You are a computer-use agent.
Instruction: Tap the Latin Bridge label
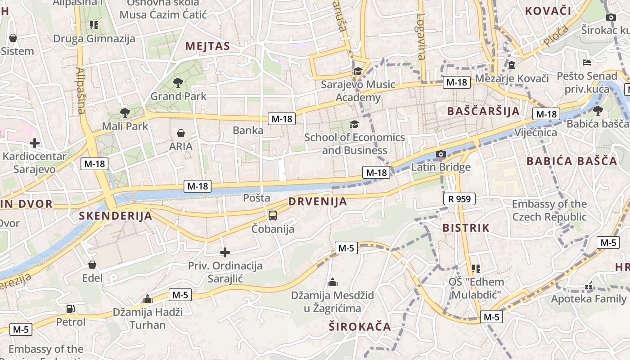coord(441,167)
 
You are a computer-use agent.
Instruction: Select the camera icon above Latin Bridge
coord(441,154)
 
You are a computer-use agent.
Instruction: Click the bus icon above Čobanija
coord(273,215)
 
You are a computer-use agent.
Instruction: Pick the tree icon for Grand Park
coord(178,82)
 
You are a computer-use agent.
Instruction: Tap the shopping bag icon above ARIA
coord(181,133)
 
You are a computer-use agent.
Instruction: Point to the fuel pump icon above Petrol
coord(71,309)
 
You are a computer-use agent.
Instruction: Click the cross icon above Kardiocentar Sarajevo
coord(35,144)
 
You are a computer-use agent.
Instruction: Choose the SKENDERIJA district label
coord(116,216)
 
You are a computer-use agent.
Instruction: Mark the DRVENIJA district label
coord(318,202)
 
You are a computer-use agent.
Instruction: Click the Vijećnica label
coord(535,133)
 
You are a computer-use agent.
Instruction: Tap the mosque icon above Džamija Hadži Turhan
coord(148,299)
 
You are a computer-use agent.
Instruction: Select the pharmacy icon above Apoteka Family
coord(589,286)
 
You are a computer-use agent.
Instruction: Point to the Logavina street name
coord(421,36)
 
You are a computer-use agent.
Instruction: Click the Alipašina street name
coord(81,90)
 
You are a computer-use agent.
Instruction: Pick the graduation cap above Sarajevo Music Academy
coord(358,71)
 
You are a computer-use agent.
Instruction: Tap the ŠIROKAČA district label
coord(360,327)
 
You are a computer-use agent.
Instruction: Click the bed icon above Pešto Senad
coord(586,62)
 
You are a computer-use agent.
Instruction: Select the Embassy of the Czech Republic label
coord(549,211)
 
